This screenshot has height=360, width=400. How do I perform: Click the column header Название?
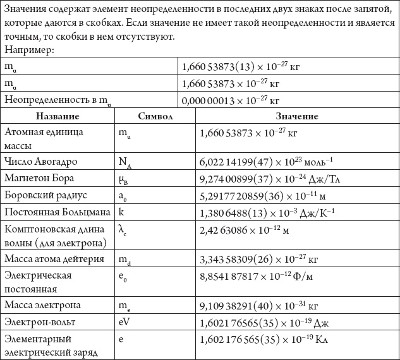click(x=58, y=117)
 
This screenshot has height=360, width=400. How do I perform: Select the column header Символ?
click(x=155, y=117)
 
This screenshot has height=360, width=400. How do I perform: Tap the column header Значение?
click(x=296, y=117)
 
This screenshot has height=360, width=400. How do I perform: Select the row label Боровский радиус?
click(x=45, y=196)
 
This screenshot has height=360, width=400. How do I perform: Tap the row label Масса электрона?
click(x=42, y=305)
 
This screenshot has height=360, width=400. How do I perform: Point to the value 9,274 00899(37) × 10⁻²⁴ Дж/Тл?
click(x=265, y=179)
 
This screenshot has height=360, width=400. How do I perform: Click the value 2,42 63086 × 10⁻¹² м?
click(x=244, y=230)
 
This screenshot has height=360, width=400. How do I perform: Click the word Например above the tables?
click(x=29, y=49)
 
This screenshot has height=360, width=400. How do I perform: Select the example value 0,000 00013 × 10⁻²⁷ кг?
click(x=230, y=100)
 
